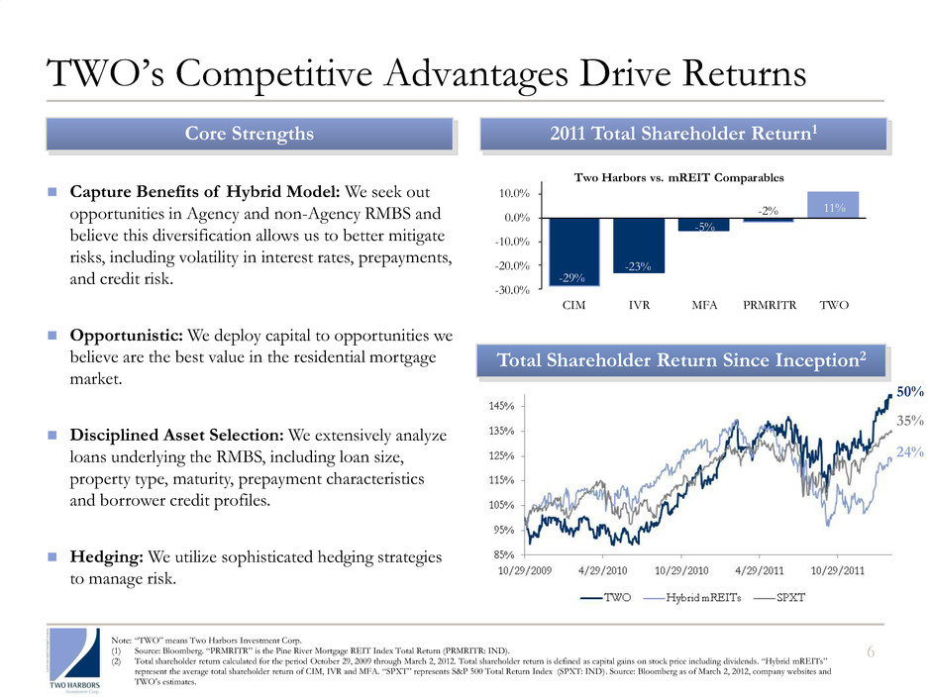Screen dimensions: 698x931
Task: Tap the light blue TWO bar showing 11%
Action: coord(833,205)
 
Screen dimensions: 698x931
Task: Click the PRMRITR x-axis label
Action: coord(769,306)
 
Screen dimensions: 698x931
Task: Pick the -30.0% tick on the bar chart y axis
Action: coord(513,290)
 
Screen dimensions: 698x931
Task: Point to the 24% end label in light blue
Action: coord(909,452)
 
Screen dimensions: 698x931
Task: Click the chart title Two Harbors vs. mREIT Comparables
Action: coord(679,178)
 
